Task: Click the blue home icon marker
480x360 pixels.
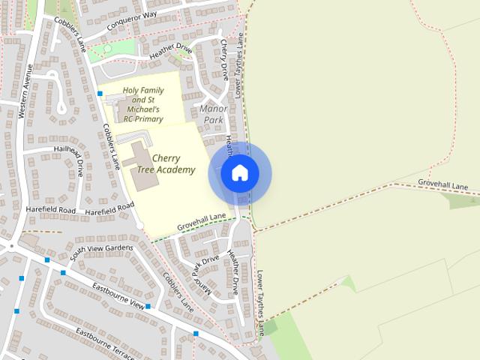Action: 239,173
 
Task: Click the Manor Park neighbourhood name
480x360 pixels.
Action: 214,114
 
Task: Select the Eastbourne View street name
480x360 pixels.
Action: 118,295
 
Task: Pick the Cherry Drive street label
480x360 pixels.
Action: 223,60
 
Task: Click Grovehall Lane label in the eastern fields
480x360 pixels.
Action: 442,184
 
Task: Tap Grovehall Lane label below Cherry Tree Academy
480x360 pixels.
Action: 202,222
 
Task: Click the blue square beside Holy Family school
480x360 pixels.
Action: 100,94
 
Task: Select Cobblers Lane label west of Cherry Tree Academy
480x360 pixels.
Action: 111,143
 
